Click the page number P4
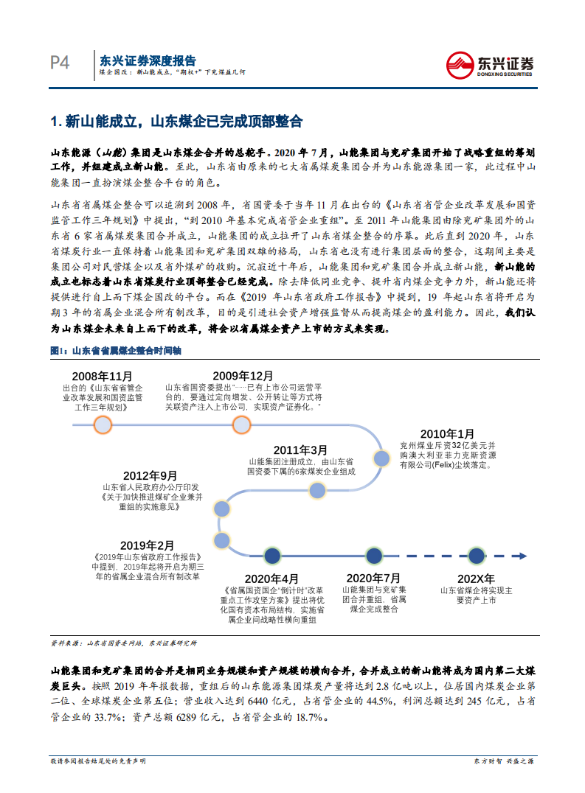(x=60, y=63)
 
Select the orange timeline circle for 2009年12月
(x=241, y=425)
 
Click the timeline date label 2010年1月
(x=447, y=434)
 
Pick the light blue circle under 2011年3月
(x=317, y=490)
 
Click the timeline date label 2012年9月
(x=150, y=475)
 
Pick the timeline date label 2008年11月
(x=103, y=375)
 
